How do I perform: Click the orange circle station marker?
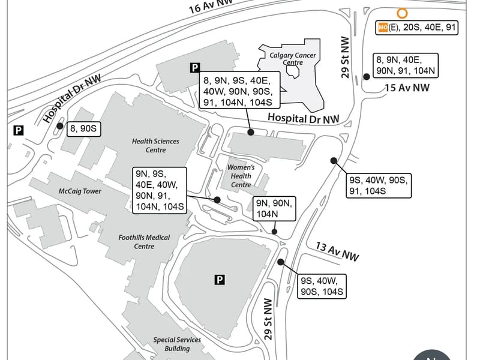(402, 13)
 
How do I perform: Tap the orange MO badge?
(383, 27)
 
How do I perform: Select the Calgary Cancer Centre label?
(293, 59)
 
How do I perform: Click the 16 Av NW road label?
(211, 6)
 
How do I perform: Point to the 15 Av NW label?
(407, 88)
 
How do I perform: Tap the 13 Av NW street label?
(337, 251)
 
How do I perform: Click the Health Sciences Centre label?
(155, 145)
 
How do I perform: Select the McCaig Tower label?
(80, 191)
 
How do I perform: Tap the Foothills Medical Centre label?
(144, 242)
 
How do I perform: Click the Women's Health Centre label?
(241, 176)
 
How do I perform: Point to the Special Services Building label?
(177, 344)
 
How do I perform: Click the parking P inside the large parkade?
(220, 280)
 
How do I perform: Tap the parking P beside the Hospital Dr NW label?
(19, 130)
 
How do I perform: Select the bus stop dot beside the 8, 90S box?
(59, 126)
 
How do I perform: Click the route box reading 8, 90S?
(83, 128)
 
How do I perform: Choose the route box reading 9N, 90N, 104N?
(274, 208)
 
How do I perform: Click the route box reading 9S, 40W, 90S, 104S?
(322, 286)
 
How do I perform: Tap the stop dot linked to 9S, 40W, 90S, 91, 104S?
(334, 161)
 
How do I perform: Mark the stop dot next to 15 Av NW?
(366, 77)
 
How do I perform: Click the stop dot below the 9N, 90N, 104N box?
(274, 232)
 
